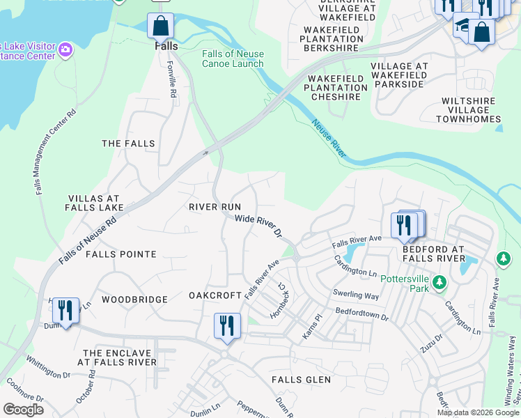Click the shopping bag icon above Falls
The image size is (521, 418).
tap(160, 26)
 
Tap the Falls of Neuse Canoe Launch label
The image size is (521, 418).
tap(233, 59)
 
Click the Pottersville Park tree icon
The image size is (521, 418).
tap(440, 282)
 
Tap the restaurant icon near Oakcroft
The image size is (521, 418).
tap(227, 326)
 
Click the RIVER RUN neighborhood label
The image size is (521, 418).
tap(215, 207)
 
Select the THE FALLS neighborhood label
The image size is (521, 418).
tap(128, 144)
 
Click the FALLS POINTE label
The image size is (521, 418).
tap(121, 254)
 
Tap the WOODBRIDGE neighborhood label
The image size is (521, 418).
tap(134, 300)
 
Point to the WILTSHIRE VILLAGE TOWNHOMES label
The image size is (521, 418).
tap(469, 110)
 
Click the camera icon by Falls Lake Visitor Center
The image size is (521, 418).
tap(65, 49)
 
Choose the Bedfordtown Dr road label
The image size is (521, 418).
tap(361, 314)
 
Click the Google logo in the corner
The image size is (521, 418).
tap(22, 410)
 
